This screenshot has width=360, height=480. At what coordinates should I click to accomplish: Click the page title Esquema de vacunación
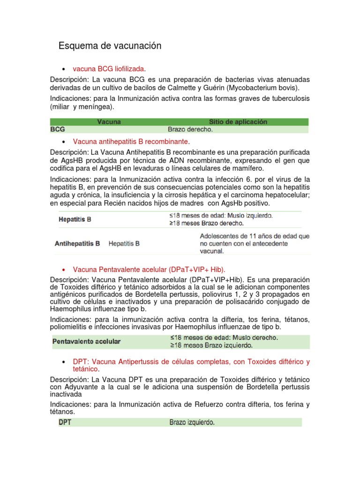(110, 46)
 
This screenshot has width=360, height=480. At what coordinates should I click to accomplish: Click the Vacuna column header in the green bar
(109, 122)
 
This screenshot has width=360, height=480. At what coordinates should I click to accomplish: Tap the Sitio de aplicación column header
(232, 122)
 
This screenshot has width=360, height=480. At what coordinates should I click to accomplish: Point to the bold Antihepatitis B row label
(77, 244)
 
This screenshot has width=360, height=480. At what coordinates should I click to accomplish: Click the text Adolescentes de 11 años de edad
(255, 237)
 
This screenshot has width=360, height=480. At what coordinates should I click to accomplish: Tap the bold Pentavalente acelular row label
(86, 341)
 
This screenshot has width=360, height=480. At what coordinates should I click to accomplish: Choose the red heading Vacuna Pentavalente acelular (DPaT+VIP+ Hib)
(149, 270)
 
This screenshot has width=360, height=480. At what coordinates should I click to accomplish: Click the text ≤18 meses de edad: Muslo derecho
(224, 337)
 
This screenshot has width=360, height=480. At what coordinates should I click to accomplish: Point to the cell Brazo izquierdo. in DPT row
(192, 422)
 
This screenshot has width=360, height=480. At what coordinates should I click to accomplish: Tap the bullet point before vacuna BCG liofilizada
(63, 69)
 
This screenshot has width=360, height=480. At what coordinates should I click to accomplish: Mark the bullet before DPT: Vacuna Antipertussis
(63, 362)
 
